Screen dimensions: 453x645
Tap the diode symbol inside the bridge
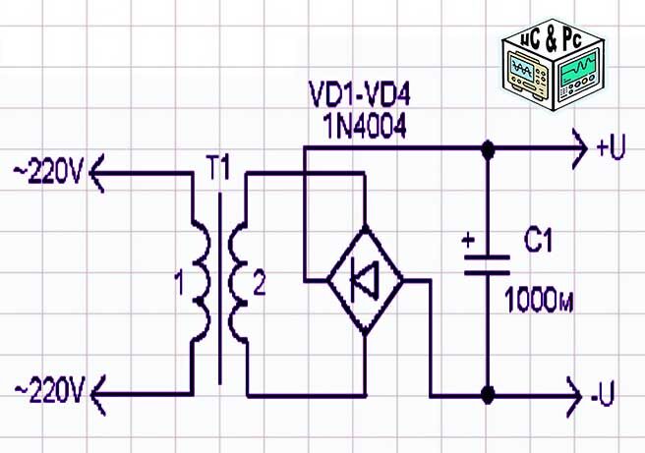363,280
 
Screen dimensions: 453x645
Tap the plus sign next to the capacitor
468,239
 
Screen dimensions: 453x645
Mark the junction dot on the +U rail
487,149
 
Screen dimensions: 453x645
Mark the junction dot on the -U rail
487,396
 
